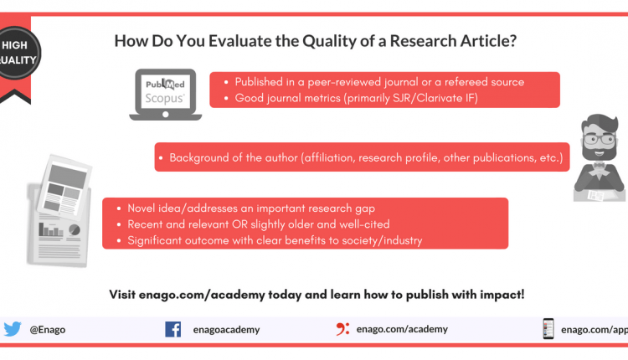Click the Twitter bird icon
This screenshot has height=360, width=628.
point(12,329)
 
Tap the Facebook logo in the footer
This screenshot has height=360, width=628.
point(172,329)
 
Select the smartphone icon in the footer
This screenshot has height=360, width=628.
point(548,329)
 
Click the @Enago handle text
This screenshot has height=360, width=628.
point(48,330)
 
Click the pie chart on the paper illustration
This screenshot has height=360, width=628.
point(75,229)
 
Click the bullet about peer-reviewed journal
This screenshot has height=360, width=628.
point(379,82)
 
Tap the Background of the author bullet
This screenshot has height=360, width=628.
point(364,157)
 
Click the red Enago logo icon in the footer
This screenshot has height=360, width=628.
point(342,329)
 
